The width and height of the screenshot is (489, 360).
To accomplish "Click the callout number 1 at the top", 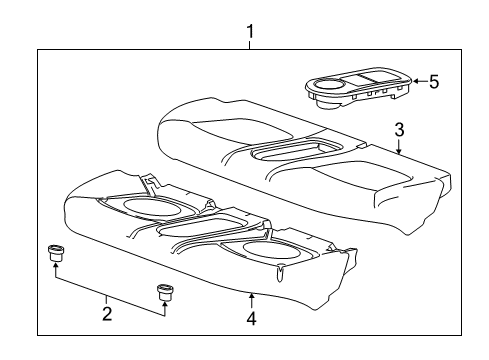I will [x=250, y=31].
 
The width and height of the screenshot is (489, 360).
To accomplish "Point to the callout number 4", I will [x=251, y=320].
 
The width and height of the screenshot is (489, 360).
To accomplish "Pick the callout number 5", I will [x=434, y=82].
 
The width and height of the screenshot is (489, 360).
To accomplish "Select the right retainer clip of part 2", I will [x=164, y=293].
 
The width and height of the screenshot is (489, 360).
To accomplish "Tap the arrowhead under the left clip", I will [x=55, y=268].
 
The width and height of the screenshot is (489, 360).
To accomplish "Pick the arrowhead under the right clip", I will [x=164, y=307].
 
